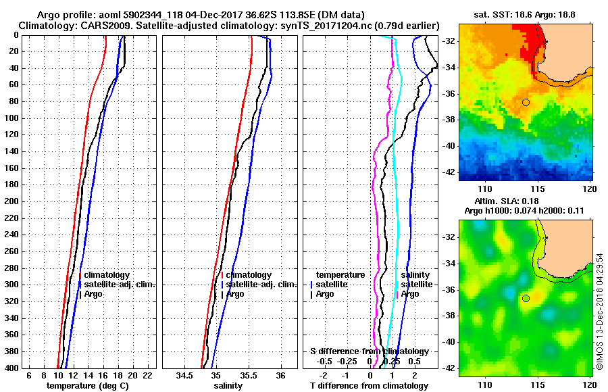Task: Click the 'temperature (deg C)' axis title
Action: tap(87, 386)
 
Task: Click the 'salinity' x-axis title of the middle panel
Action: tap(228, 386)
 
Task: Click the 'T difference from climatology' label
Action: tap(369, 386)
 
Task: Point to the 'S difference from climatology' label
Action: tap(369, 351)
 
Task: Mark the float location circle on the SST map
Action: tap(526, 102)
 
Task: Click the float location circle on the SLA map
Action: tap(526, 298)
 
